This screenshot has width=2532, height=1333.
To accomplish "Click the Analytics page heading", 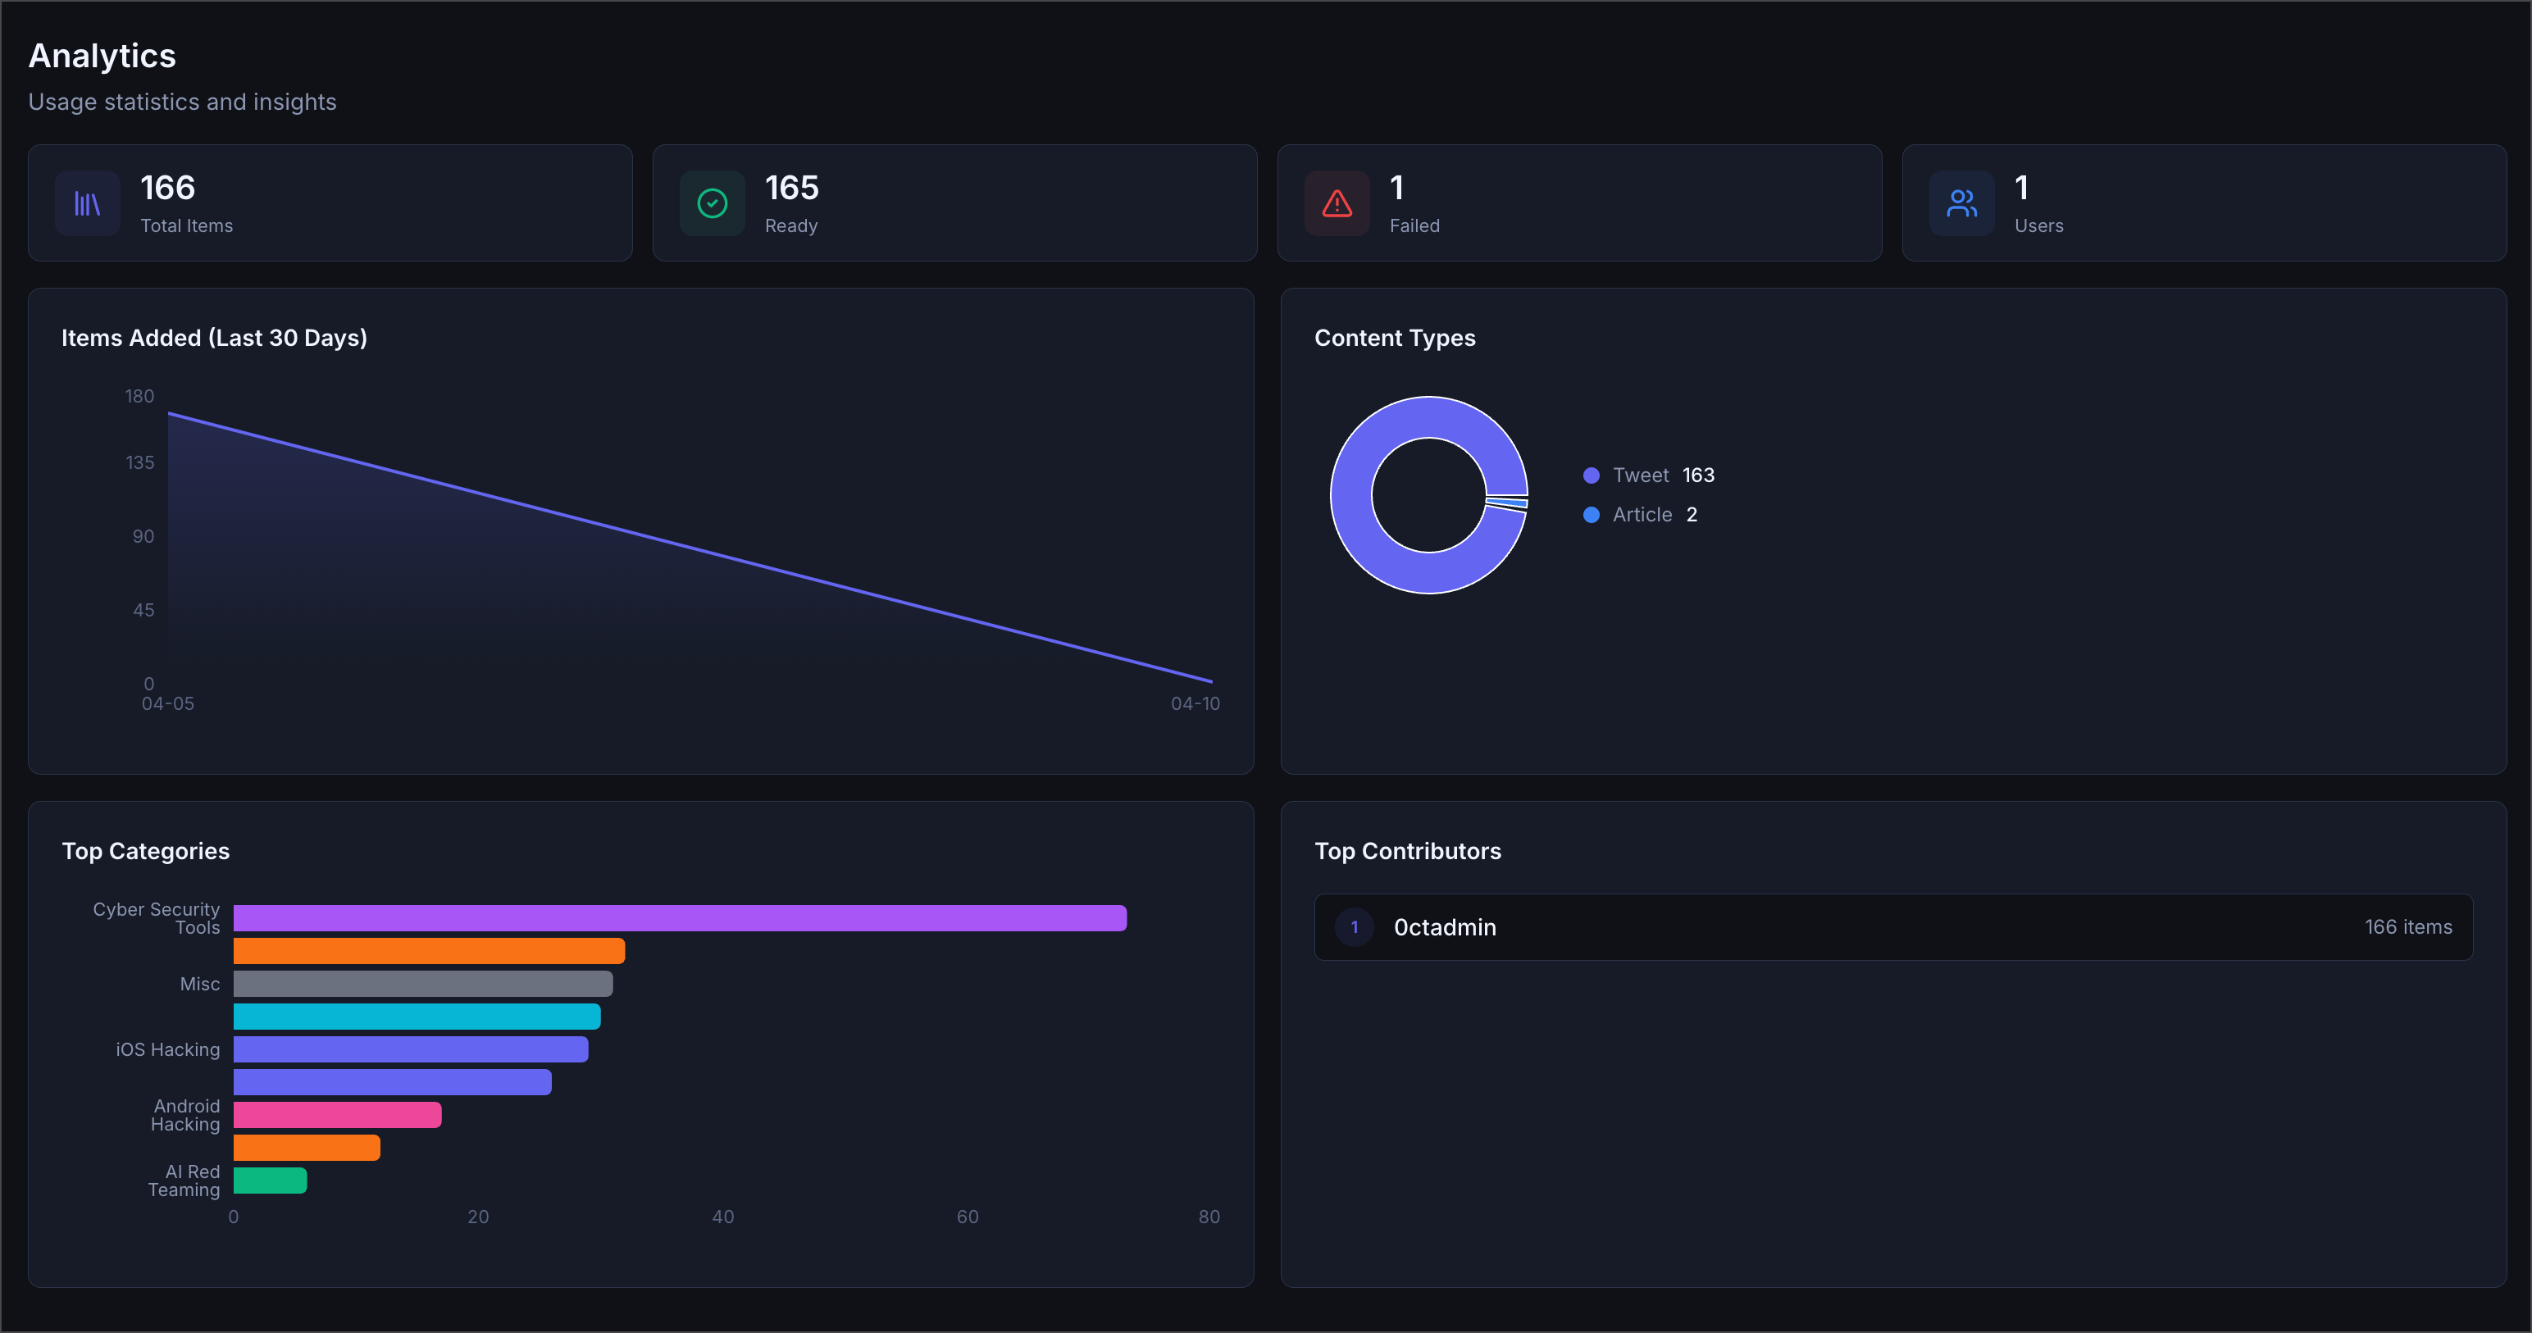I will [x=102, y=56].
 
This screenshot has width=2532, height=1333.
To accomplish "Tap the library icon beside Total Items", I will [x=88, y=203].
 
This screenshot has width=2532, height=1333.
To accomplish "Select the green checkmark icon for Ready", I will [x=712, y=203].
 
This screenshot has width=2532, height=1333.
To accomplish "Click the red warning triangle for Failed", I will [x=1337, y=203].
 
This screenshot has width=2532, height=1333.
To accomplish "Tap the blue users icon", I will [x=1961, y=203].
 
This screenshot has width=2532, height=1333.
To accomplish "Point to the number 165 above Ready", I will [x=791, y=188].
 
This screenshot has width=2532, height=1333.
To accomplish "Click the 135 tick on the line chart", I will [x=139, y=462].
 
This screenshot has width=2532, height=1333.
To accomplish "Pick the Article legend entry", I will [x=1642, y=515].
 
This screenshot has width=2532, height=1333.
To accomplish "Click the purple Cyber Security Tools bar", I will [x=679, y=918].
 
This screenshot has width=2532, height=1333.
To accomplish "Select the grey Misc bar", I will [x=422, y=984].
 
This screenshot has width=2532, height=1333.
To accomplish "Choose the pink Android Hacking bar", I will [x=337, y=1115].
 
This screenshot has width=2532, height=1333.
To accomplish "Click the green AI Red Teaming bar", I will [x=271, y=1181].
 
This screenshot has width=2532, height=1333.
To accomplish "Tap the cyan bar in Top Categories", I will [x=417, y=1017].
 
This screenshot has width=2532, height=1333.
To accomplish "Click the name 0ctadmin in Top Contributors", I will [x=1445, y=927].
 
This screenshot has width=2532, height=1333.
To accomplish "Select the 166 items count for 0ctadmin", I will [x=2407, y=927].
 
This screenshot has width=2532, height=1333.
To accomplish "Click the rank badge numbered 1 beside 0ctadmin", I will [x=1355, y=927].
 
